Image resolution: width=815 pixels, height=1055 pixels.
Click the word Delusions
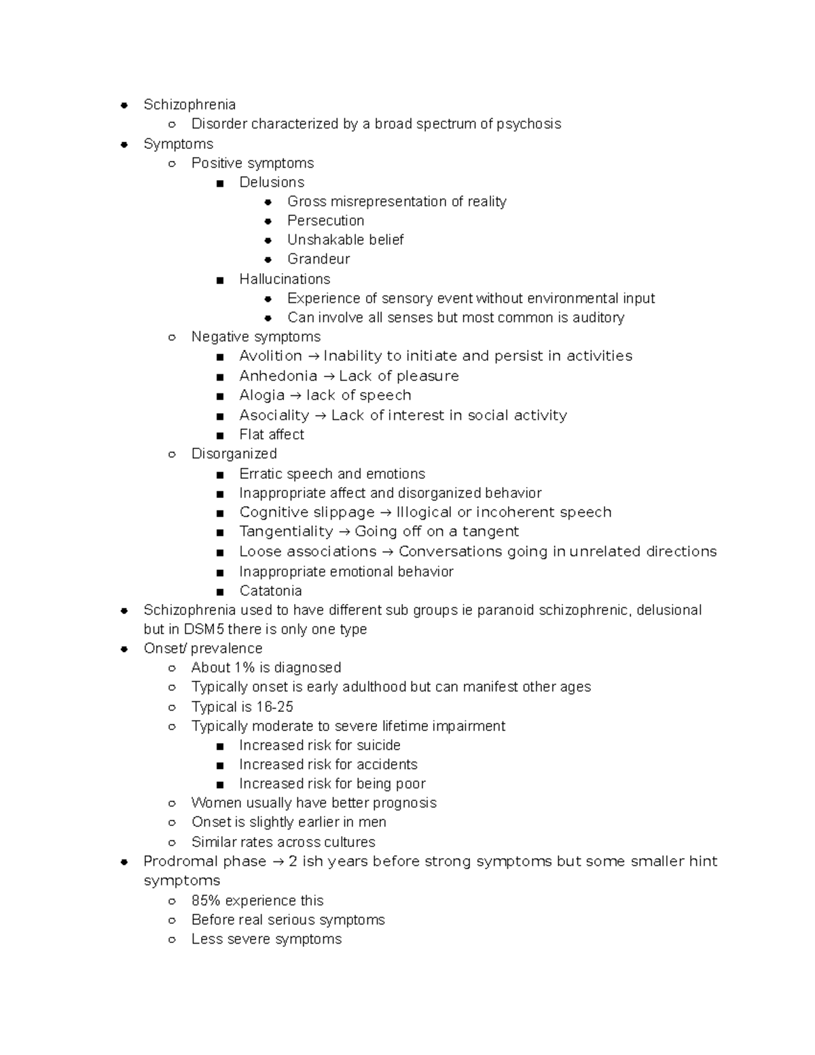[x=272, y=182]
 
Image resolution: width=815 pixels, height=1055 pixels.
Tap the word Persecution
[x=325, y=221]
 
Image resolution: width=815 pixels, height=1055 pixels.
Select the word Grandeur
[x=319, y=259]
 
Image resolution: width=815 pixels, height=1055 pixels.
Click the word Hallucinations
[x=285, y=279]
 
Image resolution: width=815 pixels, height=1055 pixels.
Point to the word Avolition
[x=270, y=356]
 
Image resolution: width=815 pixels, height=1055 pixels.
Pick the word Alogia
[x=261, y=395]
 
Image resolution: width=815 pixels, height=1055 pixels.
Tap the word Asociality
[x=274, y=415]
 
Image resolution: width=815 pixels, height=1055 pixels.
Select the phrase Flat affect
[x=272, y=435]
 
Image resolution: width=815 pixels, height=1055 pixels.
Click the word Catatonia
[x=270, y=591]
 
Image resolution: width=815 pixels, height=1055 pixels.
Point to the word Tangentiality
[x=286, y=531]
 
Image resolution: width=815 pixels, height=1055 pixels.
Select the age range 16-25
[x=274, y=707]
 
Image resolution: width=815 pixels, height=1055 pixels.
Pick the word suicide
[x=378, y=745]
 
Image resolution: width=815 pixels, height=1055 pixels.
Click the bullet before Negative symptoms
[x=173, y=338]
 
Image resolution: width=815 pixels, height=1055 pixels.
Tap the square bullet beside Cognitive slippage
[x=219, y=513]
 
